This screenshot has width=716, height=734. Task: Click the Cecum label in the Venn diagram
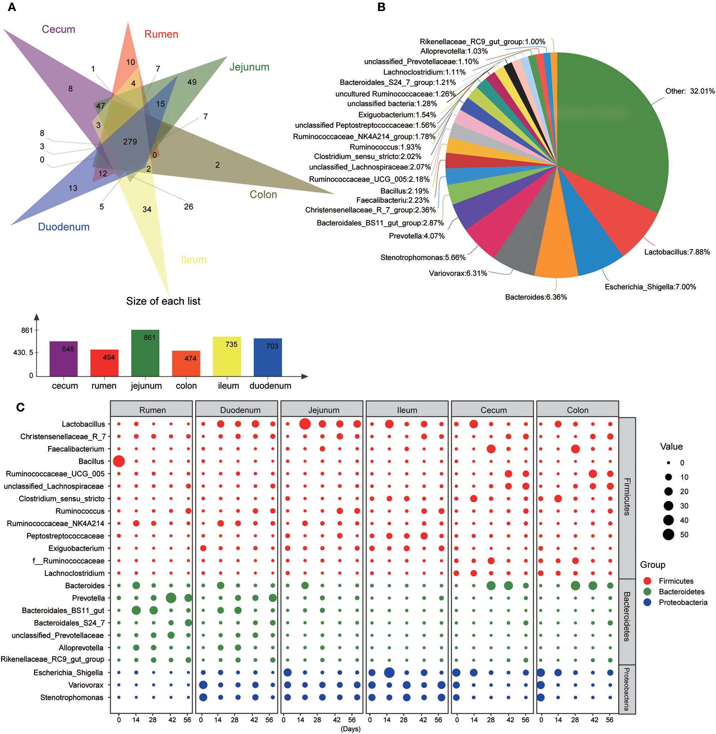pyautogui.click(x=58, y=29)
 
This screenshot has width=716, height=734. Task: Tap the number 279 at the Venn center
pyautogui.click(x=130, y=142)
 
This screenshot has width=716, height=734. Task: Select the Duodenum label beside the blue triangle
pyautogui.click(x=63, y=227)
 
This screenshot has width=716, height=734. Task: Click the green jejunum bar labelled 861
pyautogui.click(x=145, y=353)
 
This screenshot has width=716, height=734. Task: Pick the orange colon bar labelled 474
pyautogui.click(x=186, y=363)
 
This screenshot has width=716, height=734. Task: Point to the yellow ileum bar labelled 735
pyautogui.click(x=227, y=356)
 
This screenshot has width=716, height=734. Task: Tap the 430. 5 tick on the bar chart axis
pyautogui.click(x=23, y=353)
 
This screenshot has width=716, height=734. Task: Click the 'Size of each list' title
pyautogui.click(x=163, y=301)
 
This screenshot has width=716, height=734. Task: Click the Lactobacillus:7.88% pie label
pyautogui.click(x=677, y=252)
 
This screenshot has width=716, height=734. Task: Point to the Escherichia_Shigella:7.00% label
pyautogui.click(x=650, y=287)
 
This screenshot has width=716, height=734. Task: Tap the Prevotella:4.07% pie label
pyautogui.click(x=416, y=236)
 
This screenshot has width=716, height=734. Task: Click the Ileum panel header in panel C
pyautogui.click(x=407, y=410)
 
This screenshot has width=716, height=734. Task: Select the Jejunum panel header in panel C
pyautogui.click(x=323, y=410)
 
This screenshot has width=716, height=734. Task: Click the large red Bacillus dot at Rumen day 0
pyautogui.click(x=119, y=461)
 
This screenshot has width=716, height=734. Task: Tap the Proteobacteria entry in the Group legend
pyautogui.click(x=682, y=603)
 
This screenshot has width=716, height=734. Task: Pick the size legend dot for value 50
pyautogui.click(x=668, y=535)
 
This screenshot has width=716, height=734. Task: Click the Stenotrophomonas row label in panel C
pyautogui.click(x=71, y=698)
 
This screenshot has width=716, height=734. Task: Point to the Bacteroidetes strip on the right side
pyautogui.click(x=627, y=616)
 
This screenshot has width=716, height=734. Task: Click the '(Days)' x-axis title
pyautogui.click(x=351, y=729)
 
